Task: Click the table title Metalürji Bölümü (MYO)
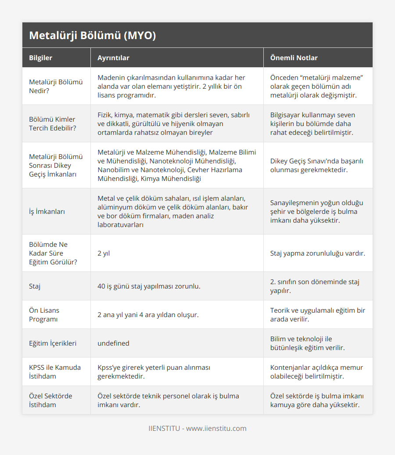point(92,36)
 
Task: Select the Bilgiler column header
point(40,58)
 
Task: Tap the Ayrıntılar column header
point(113,58)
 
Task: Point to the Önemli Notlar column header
point(294,58)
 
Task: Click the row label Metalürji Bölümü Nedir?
point(56,86)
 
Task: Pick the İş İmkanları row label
point(47,211)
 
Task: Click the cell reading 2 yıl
point(104,253)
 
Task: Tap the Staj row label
point(35,286)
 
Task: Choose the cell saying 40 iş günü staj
point(149,286)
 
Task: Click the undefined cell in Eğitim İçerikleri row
point(113,343)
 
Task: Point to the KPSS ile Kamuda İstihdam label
point(54,372)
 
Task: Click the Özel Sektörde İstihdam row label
point(50,400)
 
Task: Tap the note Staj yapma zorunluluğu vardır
point(317,253)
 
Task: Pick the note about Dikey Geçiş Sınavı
point(316,165)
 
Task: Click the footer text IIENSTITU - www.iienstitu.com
point(197,428)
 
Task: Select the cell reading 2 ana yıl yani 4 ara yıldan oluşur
point(148,314)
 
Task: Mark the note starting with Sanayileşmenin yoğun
point(316,211)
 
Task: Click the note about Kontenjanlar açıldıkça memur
point(316,372)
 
